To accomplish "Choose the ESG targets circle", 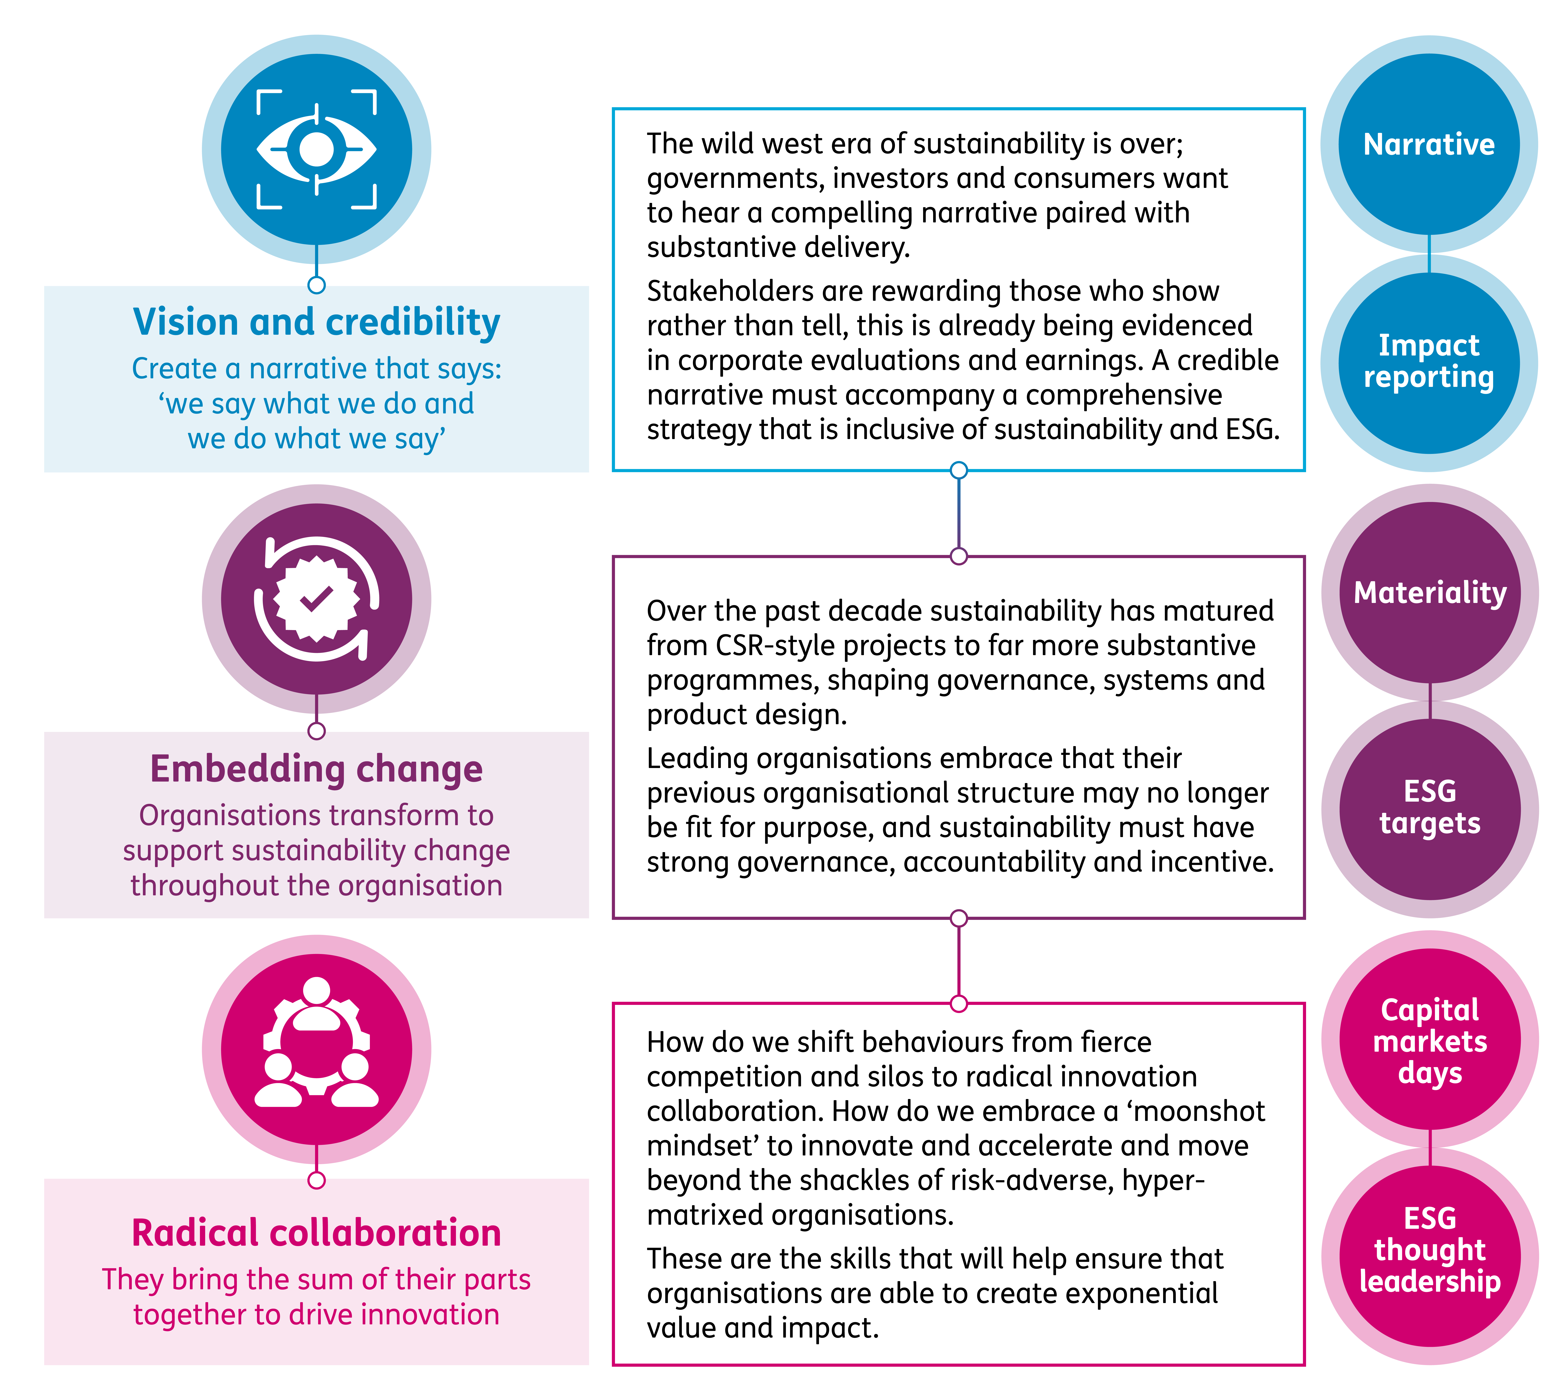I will click(x=1429, y=807).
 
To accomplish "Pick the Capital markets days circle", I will click(x=1429, y=1041).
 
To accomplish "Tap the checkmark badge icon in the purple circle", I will click(x=316, y=599).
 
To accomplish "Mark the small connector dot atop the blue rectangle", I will click(x=316, y=285).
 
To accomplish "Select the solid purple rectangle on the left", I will click(x=316, y=825).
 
